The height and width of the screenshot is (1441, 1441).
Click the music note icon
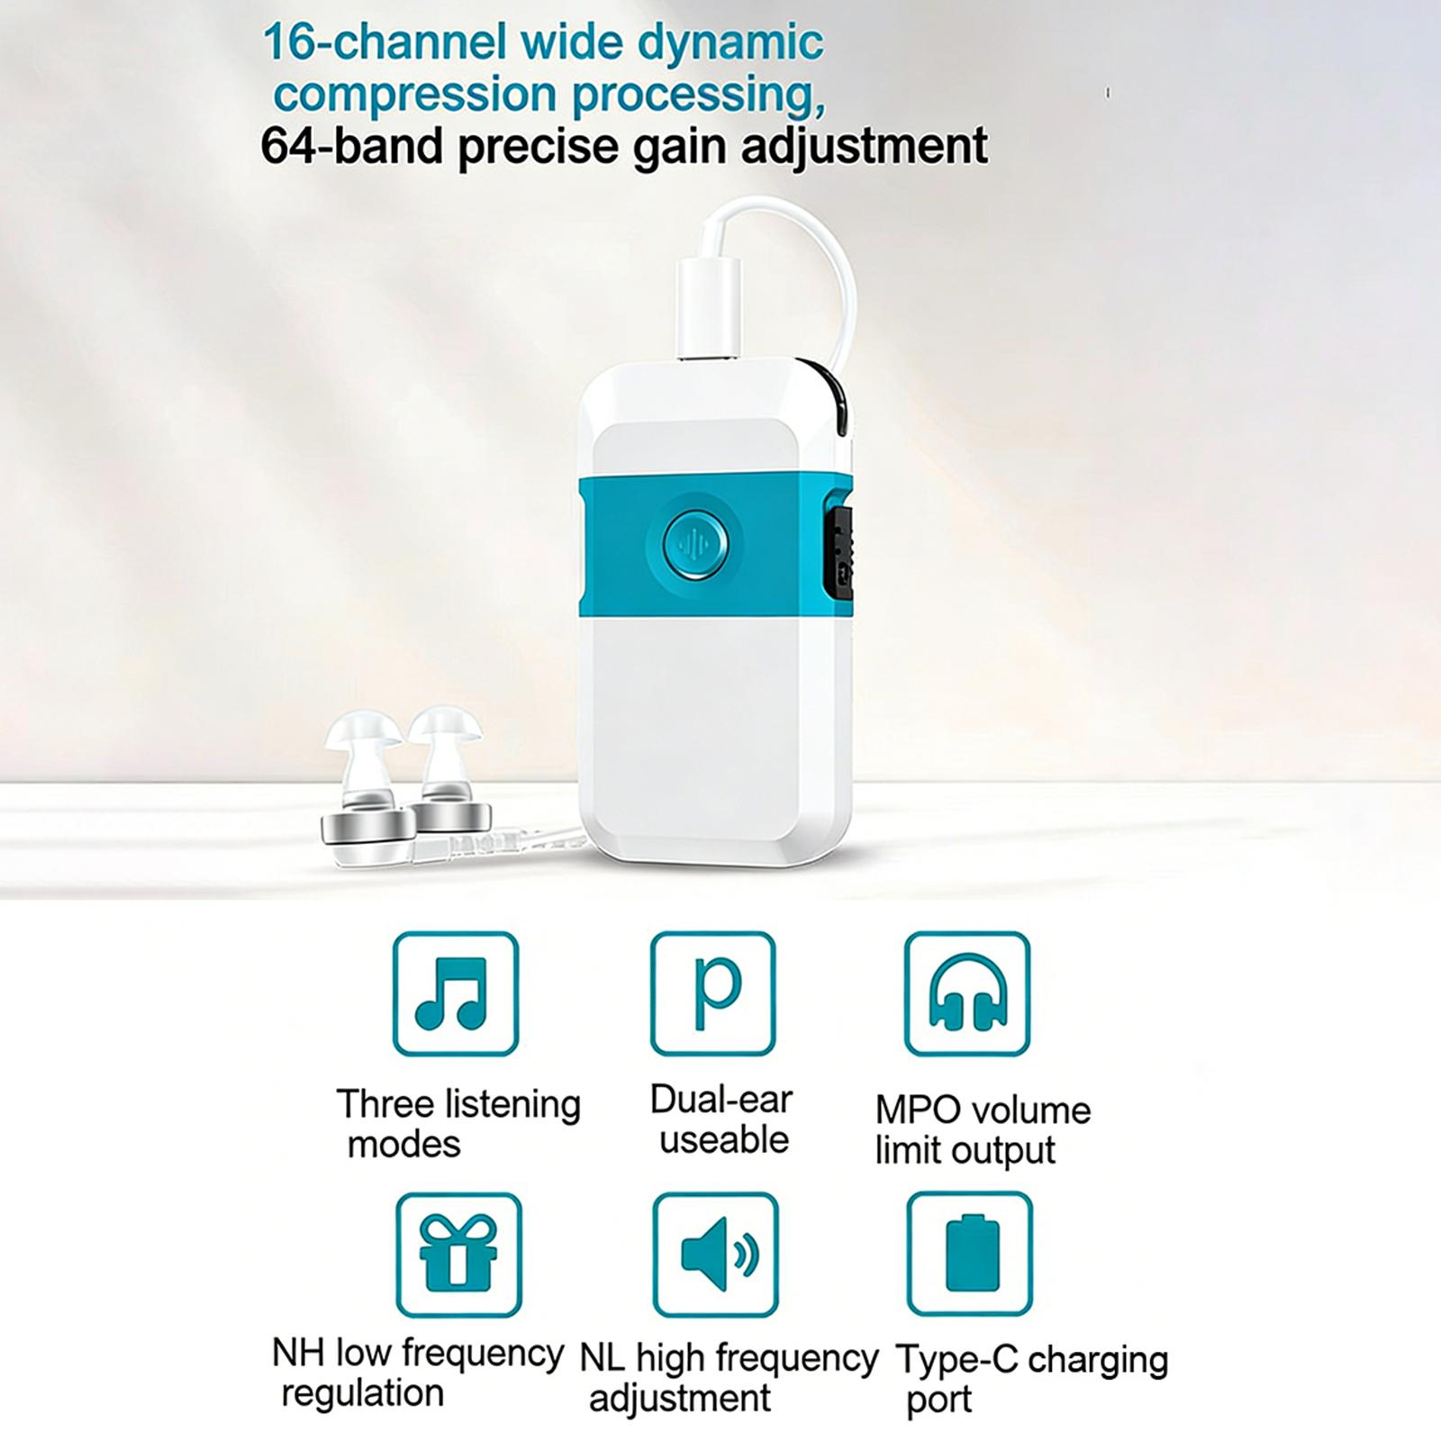(x=456, y=993)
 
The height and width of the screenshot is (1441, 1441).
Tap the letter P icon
(x=712, y=993)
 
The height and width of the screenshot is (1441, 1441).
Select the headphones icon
(x=967, y=993)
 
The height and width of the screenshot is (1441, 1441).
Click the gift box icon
(x=458, y=1254)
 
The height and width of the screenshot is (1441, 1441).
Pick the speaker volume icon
(x=715, y=1254)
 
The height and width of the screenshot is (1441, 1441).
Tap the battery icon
(x=970, y=1254)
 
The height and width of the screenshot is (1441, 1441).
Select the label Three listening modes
(x=458, y=1123)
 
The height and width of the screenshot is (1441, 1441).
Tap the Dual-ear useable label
(x=721, y=1119)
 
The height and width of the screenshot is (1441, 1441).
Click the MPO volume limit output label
(x=983, y=1129)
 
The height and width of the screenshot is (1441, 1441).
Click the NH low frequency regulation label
(x=418, y=1373)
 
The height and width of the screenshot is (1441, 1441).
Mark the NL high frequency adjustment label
(x=729, y=1378)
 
